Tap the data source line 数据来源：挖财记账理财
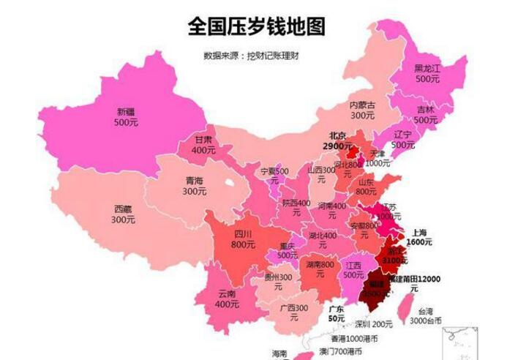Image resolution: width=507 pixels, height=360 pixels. pos(254,55)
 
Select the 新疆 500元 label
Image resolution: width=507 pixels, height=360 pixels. pos(126,117)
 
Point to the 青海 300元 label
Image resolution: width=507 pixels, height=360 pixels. pos(194,186)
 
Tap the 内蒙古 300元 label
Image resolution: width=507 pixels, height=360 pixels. pos(361,110)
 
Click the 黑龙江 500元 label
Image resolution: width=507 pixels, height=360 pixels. pos(427,73)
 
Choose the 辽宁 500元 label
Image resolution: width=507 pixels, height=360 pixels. pos(402,140)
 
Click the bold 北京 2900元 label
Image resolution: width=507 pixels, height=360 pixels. pos(337,140)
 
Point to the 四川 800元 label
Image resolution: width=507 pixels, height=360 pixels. pos(243,239)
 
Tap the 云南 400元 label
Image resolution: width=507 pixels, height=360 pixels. pos(228,299)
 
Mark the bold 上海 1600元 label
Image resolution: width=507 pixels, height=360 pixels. pos(419,235)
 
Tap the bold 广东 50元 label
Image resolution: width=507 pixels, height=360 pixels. pos(337,313)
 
